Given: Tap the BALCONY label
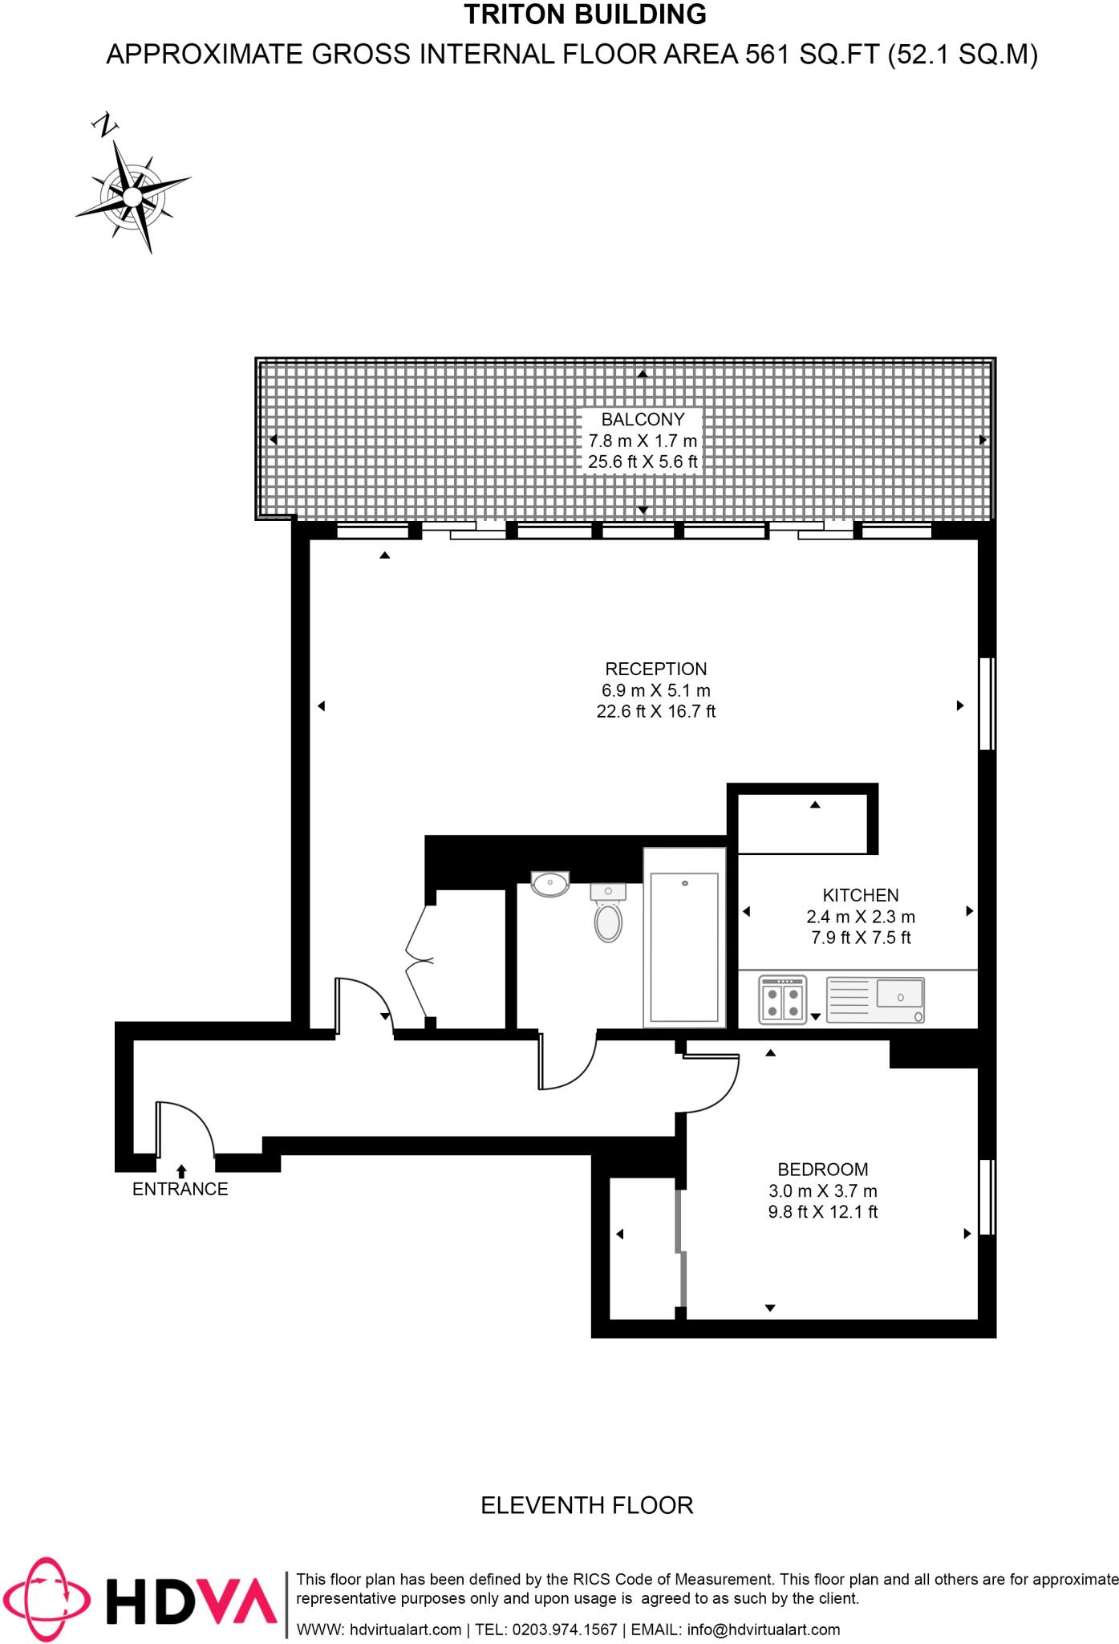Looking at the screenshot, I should [643, 419].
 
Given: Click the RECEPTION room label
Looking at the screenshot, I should [655, 669].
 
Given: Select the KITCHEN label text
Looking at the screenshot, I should [860, 895].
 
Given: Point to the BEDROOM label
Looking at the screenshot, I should [822, 1170].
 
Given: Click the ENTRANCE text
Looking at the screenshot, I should [180, 1190].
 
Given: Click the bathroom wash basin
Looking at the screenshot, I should [549, 883].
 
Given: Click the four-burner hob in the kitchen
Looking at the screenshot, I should [782, 1001].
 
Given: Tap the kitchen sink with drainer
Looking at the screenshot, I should [875, 999].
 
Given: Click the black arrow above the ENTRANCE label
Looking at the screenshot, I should [181, 1171].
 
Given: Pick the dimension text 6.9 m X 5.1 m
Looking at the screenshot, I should [655, 690].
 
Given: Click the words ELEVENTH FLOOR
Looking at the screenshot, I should [586, 1505].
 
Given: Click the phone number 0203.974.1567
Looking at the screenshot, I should [565, 1630].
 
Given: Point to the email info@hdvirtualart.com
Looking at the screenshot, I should [764, 1630].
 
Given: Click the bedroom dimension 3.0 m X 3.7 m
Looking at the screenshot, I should [822, 1191].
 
